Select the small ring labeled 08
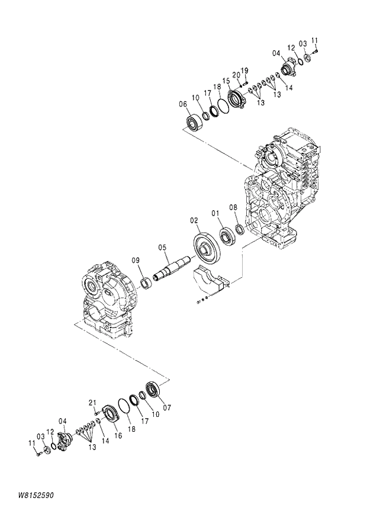pos(239,229)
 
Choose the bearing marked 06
pos(194,123)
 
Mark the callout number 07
pos(166,407)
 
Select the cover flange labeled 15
pos(237,100)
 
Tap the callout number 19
pos(244,70)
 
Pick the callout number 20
pos(236,75)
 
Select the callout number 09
pos(136,260)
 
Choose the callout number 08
pos(233,207)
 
